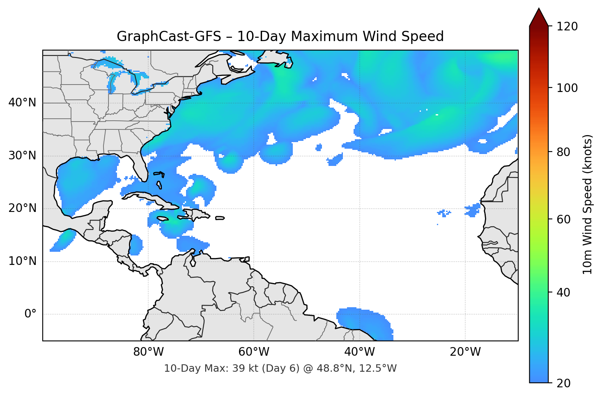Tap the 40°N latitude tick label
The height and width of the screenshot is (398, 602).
tap(22, 103)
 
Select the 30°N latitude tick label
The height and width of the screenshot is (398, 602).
tap(22, 156)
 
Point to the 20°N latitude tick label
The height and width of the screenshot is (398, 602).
tap(22, 208)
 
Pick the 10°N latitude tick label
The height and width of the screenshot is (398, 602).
tap(22, 261)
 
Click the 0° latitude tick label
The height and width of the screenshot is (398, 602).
tap(30, 314)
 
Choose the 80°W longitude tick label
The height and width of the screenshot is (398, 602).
tap(148, 352)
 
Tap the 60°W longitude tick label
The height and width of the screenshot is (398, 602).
tap(254, 352)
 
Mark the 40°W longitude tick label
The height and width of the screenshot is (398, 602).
tap(359, 352)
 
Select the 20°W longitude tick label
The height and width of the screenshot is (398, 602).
tap(465, 352)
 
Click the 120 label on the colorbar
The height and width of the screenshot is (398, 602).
tap(567, 27)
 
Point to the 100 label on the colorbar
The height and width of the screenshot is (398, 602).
tap(567, 88)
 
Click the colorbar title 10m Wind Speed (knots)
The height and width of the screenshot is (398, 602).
tap(587, 204)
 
